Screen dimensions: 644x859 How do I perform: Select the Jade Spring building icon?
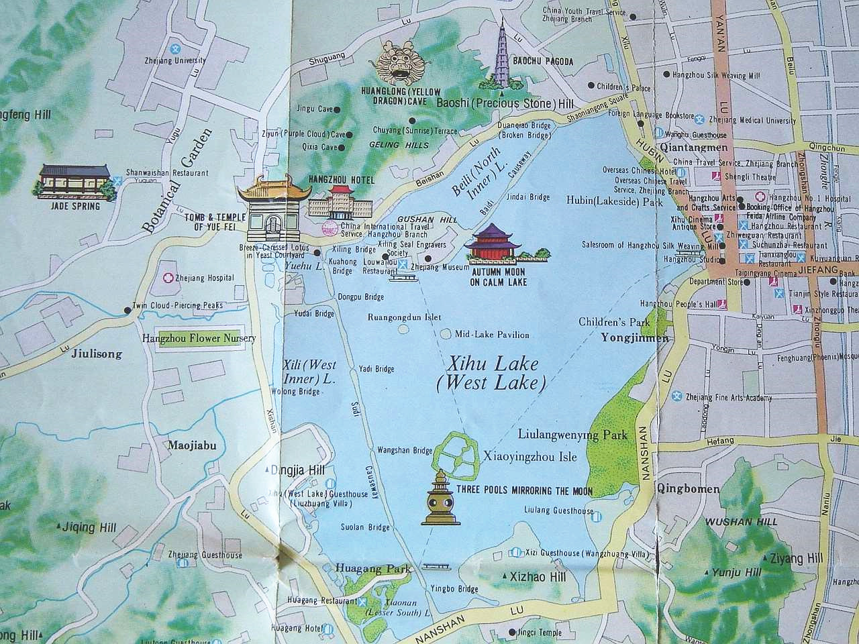74,180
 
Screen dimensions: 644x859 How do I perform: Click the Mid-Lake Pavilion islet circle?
448,333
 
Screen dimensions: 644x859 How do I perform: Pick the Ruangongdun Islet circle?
403,329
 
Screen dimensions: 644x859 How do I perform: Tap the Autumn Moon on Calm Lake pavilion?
494,243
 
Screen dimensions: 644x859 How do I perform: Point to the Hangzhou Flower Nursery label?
199,338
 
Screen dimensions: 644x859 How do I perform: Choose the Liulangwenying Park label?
573,435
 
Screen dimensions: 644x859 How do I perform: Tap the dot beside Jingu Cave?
338,109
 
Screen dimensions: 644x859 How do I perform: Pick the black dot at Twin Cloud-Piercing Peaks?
127,310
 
